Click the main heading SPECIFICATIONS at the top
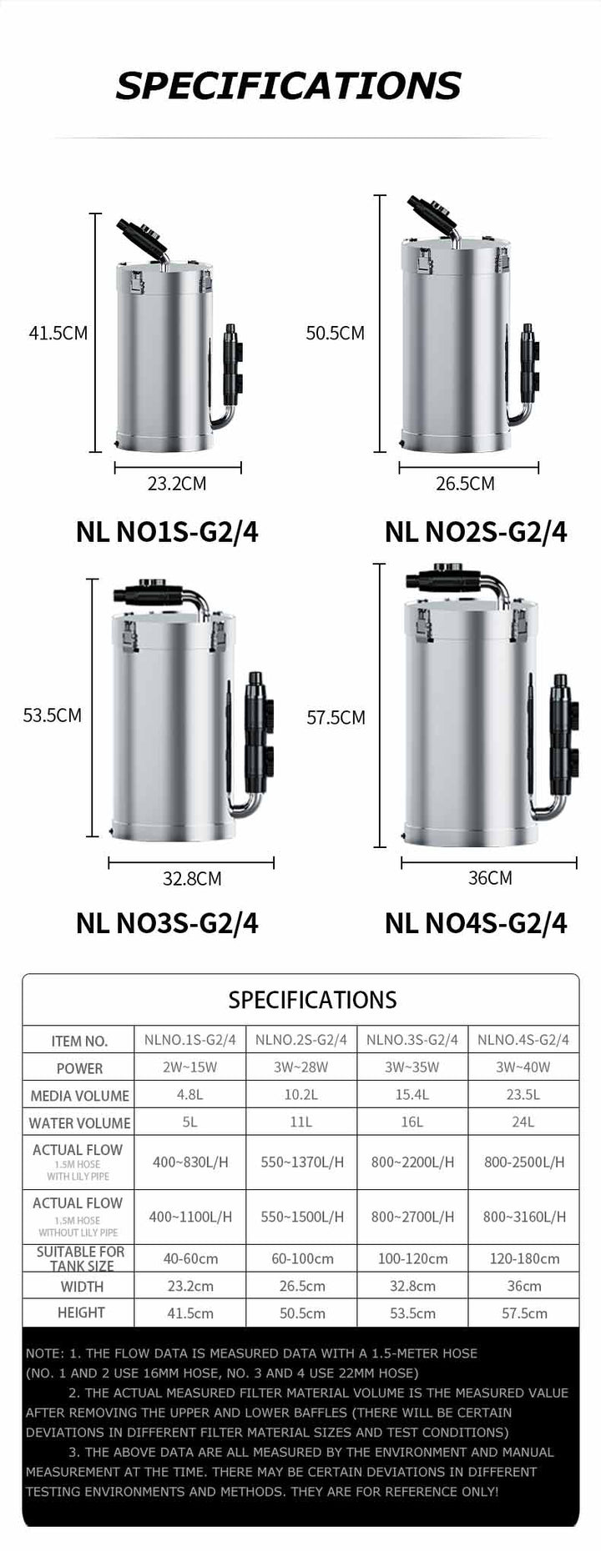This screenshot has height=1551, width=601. point(288,86)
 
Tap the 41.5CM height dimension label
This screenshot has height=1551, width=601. point(58,334)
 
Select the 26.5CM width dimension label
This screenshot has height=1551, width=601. point(465,484)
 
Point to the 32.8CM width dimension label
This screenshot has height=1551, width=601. point(192,878)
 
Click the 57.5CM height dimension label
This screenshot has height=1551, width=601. point(336,717)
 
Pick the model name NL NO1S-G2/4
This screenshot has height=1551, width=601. point(167,532)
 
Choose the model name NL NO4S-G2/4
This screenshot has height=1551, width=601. point(476,923)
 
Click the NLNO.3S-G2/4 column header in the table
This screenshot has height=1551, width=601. point(412,1040)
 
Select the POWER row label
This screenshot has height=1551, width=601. point(79,1068)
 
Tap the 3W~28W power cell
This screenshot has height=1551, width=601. point(301,1067)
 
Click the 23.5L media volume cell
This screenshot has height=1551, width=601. point(523,1095)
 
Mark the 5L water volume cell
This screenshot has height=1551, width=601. point(190,1122)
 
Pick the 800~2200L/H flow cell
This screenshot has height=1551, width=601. point(412,1162)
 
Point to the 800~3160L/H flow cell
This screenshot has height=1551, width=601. point(523,1217)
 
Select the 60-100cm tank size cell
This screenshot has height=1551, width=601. point(301,1258)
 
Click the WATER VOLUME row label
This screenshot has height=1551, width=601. point(79,1123)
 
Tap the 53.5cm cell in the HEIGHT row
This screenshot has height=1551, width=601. point(412,1313)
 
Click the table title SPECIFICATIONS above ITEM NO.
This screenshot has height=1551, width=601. point(312,1000)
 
